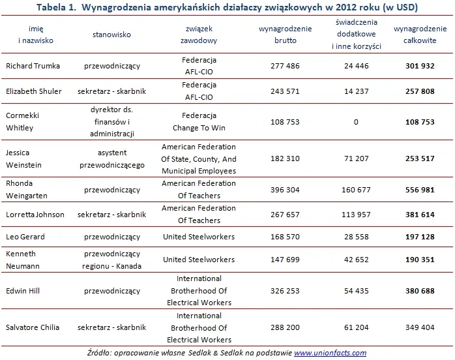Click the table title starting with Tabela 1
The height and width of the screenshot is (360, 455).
click(227, 7)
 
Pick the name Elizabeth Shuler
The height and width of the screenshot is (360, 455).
click(34, 91)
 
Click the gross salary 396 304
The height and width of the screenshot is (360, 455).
click(281, 190)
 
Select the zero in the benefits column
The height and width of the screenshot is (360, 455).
click(356, 122)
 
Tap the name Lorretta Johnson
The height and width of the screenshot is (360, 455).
click(36, 215)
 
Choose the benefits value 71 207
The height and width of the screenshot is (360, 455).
click(356, 158)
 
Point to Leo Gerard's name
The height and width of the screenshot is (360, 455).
click(25, 237)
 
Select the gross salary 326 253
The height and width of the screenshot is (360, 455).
click(281, 290)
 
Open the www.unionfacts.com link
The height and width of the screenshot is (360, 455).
click(330, 353)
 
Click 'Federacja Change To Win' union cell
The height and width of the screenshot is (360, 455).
click(199, 122)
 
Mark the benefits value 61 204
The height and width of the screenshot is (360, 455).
click(356, 327)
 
